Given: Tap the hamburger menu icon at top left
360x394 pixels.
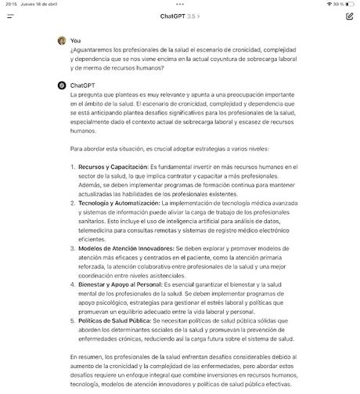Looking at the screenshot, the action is point(11,16).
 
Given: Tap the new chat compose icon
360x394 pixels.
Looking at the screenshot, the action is point(349,16).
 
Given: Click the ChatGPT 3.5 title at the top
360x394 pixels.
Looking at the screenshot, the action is point(179,16).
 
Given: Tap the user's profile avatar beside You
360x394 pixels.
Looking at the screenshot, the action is point(61,40).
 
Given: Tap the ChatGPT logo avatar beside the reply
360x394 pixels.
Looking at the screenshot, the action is point(61,85).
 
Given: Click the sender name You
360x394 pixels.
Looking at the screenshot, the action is point(75,40).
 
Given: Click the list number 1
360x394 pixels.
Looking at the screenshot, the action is point(72,167).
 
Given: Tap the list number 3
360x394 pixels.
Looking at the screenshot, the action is point(72,248).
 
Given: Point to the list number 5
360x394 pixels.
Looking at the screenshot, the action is point(72,320).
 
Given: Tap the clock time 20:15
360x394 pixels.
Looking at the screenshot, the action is point(11,4).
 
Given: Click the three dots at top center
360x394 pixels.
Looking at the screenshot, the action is point(180,4).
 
